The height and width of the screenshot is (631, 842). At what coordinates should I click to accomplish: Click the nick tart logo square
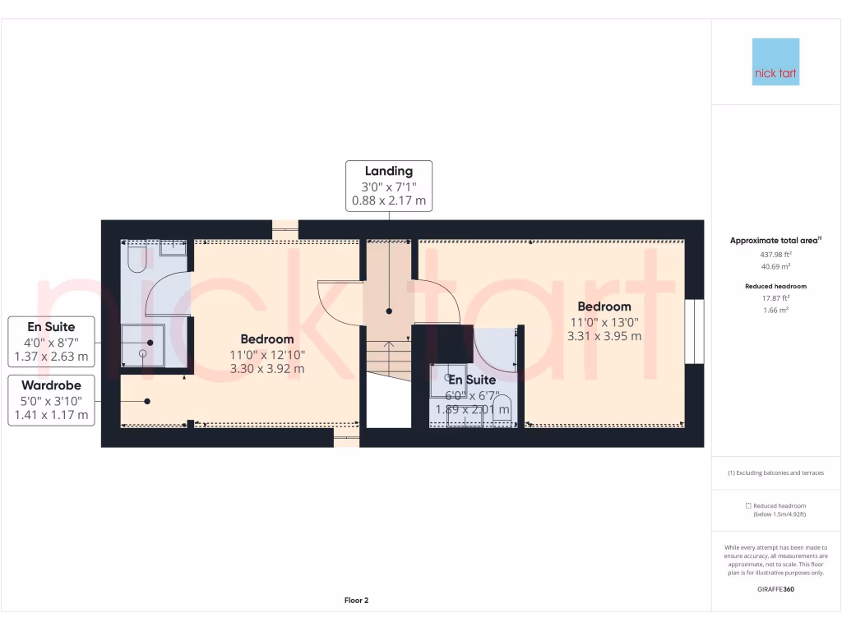pos(775,62)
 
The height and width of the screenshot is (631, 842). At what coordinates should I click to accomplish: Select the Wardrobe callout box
pos(51,400)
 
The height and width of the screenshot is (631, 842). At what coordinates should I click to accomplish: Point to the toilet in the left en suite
pos(136,260)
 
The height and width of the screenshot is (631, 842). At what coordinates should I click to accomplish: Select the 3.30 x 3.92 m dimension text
pos(267,369)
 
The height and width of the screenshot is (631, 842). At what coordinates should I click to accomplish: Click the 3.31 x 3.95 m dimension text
pos(604,336)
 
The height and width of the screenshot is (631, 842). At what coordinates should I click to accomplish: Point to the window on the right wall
pos(696,331)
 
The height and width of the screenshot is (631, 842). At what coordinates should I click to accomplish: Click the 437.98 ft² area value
pos(775,255)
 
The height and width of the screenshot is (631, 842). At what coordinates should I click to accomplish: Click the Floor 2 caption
pos(356,601)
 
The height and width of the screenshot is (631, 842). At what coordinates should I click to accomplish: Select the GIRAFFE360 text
pos(775,589)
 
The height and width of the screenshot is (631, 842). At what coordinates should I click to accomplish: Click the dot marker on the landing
pos(389,311)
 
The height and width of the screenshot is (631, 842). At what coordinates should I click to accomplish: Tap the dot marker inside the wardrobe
pos(147,401)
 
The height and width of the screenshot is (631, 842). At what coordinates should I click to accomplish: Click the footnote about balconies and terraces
pos(775,473)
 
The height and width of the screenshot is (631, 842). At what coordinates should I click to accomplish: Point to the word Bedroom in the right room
pos(604,306)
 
